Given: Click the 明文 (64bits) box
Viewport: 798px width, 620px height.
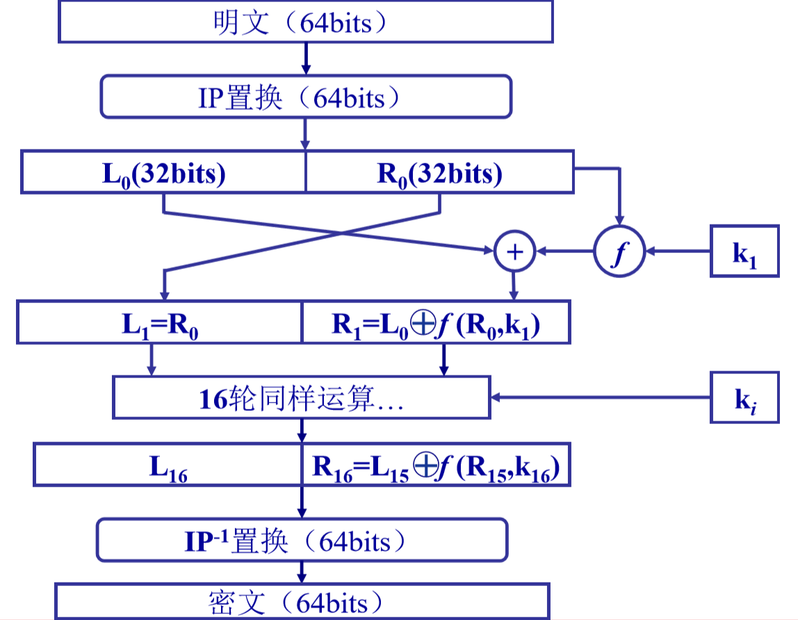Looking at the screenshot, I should pyautogui.click(x=306, y=22).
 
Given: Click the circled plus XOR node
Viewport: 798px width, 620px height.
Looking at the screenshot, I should pyautogui.click(x=514, y=252).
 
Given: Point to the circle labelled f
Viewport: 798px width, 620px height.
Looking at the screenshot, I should pyautogui.click(x=619, y=252).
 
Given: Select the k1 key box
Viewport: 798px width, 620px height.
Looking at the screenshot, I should pyautogui.click(x=742, y=252).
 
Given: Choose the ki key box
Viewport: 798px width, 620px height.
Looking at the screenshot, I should pyautogui.click(x=742, y=398).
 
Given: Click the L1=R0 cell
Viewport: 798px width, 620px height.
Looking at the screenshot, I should pyautogui.click(x=159, y=323).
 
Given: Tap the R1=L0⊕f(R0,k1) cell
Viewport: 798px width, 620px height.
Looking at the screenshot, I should pyautogui.click(x=436, y=323).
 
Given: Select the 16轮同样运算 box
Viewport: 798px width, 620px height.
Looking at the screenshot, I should pyautogui.click(x=302, y=398).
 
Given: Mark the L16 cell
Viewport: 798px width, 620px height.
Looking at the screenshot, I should pyautogui.click(x=168, y=466).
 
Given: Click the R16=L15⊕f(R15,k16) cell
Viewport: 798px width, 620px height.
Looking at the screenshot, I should pyautogui.click(x=436, y=466).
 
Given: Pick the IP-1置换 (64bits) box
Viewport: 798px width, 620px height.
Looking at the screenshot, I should pyautogui.click(x=302, y=539).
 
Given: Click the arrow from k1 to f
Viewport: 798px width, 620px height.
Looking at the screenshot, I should pyautogui.click(x=678, y=252).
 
